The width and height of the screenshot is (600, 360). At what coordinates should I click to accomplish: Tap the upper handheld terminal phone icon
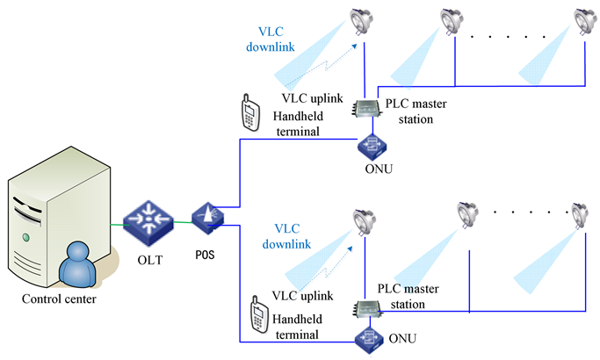(x=249, y=112)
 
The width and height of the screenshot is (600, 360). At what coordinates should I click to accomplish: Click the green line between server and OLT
(x=117, y=223)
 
